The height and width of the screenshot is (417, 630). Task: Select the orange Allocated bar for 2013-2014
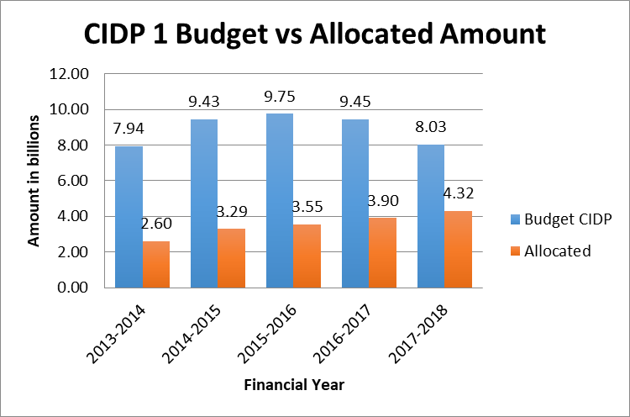(x=156, y=264)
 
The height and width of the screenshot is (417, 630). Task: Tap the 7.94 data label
(x=129, y=129)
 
